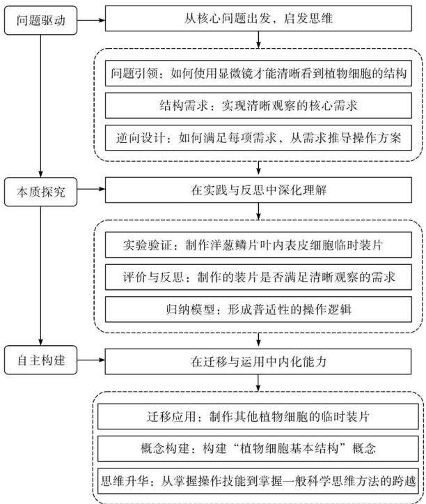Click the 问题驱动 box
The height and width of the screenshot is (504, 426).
[x=41, y=20]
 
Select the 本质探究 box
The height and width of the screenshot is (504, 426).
[x=41, y=192]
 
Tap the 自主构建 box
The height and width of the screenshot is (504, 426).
[x=41, y=360]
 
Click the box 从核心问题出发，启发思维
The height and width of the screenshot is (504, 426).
[x=258, y=18]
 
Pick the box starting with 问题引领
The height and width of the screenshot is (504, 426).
[x=258, y=73]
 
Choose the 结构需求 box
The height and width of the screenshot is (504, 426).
[x=258, y=105]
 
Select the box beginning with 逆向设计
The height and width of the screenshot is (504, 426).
[x=258, y=138]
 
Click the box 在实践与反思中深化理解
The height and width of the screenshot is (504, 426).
[x=258, y=190]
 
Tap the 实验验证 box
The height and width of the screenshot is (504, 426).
[x=258, y=245]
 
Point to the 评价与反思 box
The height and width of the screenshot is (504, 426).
[x=258, y=277]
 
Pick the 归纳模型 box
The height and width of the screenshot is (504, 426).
[x=258, y=310]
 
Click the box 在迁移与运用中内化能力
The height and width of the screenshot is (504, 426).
[x=258, y=362]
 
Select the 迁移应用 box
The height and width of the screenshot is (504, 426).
[x=258, y=417]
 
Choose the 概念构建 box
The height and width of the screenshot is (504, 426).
[x=258, y=449]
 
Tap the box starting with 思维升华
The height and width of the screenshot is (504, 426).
[x=258, y=481]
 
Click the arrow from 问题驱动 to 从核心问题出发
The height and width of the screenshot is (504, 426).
[x=91, y=20]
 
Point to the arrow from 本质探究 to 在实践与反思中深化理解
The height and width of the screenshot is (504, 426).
[x=91, y=190]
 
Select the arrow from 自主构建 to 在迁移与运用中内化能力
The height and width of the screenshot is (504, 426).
[x=91, y=360]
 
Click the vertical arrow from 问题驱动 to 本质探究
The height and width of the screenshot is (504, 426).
[x=41, y=106]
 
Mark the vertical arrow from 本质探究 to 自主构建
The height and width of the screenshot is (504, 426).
[x=41, y=276]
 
